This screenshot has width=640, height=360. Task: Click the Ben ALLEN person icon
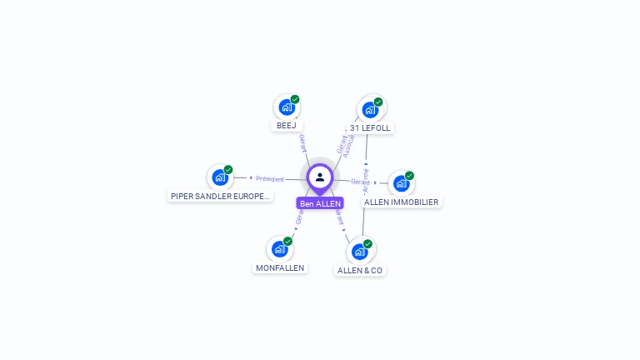[320, 177]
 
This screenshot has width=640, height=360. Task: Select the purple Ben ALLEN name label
[320, 203]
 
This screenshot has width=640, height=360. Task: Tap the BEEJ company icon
[287, 107]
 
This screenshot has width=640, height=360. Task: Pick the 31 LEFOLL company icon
[370, 110]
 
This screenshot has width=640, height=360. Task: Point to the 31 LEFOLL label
[370, 127]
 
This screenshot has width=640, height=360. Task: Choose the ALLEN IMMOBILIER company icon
[402, 183]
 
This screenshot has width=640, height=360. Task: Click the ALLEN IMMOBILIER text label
[402, 202]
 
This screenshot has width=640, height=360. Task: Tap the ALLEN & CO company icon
[360, 251]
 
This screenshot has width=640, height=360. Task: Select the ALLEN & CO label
[360, 271]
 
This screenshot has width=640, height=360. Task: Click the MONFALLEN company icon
[280, 248]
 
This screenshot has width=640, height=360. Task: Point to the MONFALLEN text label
[280, 267]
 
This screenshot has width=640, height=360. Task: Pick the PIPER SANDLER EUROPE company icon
[220, 177]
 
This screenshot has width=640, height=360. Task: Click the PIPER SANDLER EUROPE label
[220, 197]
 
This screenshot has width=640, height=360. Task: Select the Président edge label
[269, 178]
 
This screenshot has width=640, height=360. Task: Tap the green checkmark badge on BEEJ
[295, 99]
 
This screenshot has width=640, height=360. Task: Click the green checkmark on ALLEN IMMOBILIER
[409, 176]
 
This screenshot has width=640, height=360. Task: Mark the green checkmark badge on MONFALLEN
[287, 241]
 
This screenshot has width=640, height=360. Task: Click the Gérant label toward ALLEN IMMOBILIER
[360, 182]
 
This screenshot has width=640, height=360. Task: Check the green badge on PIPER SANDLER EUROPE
[227, 170]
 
